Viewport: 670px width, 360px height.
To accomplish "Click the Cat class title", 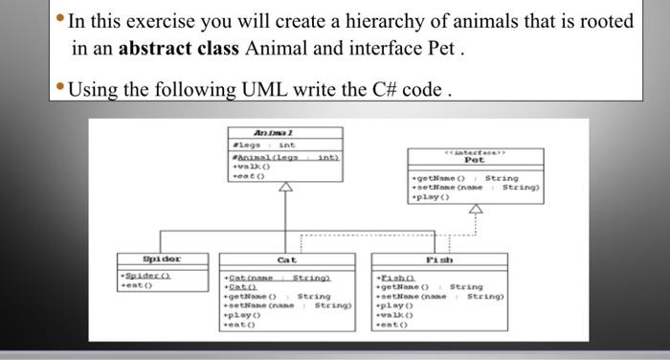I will (x=287, y=259).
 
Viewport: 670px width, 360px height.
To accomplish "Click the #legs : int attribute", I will (x=249, y=144).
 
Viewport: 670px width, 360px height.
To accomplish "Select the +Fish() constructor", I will (x=391, y=276).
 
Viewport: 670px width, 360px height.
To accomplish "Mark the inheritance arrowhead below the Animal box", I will (x=283, y=191).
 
